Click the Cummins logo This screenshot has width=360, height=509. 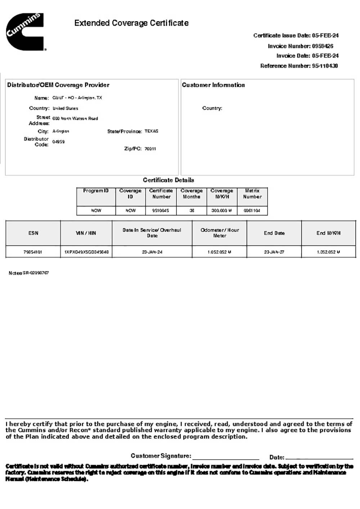(24, 32)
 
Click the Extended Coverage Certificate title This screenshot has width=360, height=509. (131, 23)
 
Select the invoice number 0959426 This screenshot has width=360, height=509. (323, 46)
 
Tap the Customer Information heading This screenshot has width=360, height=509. (213, 85)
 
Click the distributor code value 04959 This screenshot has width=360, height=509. (58, 142)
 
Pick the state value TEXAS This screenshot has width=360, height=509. (151, 131)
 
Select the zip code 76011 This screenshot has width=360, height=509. (150, 149)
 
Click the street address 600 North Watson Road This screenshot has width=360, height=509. (75, 118)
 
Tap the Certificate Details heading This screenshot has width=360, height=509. (168, 180)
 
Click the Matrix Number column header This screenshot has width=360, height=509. (252, 194)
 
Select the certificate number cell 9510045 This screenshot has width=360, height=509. (161, 210)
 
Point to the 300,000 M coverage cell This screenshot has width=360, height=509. (221, 210)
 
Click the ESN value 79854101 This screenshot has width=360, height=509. (33, 252)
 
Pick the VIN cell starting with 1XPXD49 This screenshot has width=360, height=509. (86, 252)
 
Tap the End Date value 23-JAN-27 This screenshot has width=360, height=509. (274, 252)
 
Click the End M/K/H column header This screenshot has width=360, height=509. (328, 233)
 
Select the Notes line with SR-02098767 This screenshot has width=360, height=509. (29, 273)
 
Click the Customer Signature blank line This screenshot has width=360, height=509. (226, 457)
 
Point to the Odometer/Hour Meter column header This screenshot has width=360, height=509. (220, 233)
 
